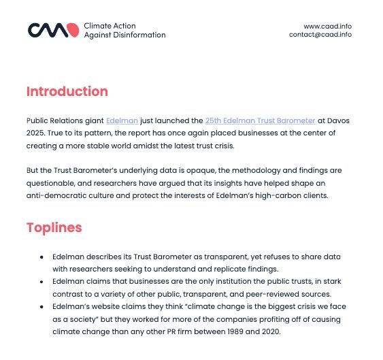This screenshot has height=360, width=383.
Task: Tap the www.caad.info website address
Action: (327, 27)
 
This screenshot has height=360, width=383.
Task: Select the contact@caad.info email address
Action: (320, 35)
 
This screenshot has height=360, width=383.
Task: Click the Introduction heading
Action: (67, 91)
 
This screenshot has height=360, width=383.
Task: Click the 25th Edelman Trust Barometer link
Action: (260, 120)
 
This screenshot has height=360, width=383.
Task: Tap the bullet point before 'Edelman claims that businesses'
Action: (42, 282)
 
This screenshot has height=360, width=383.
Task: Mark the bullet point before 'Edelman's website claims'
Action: (42, 307)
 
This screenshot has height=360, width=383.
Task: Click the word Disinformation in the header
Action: (135, 35)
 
